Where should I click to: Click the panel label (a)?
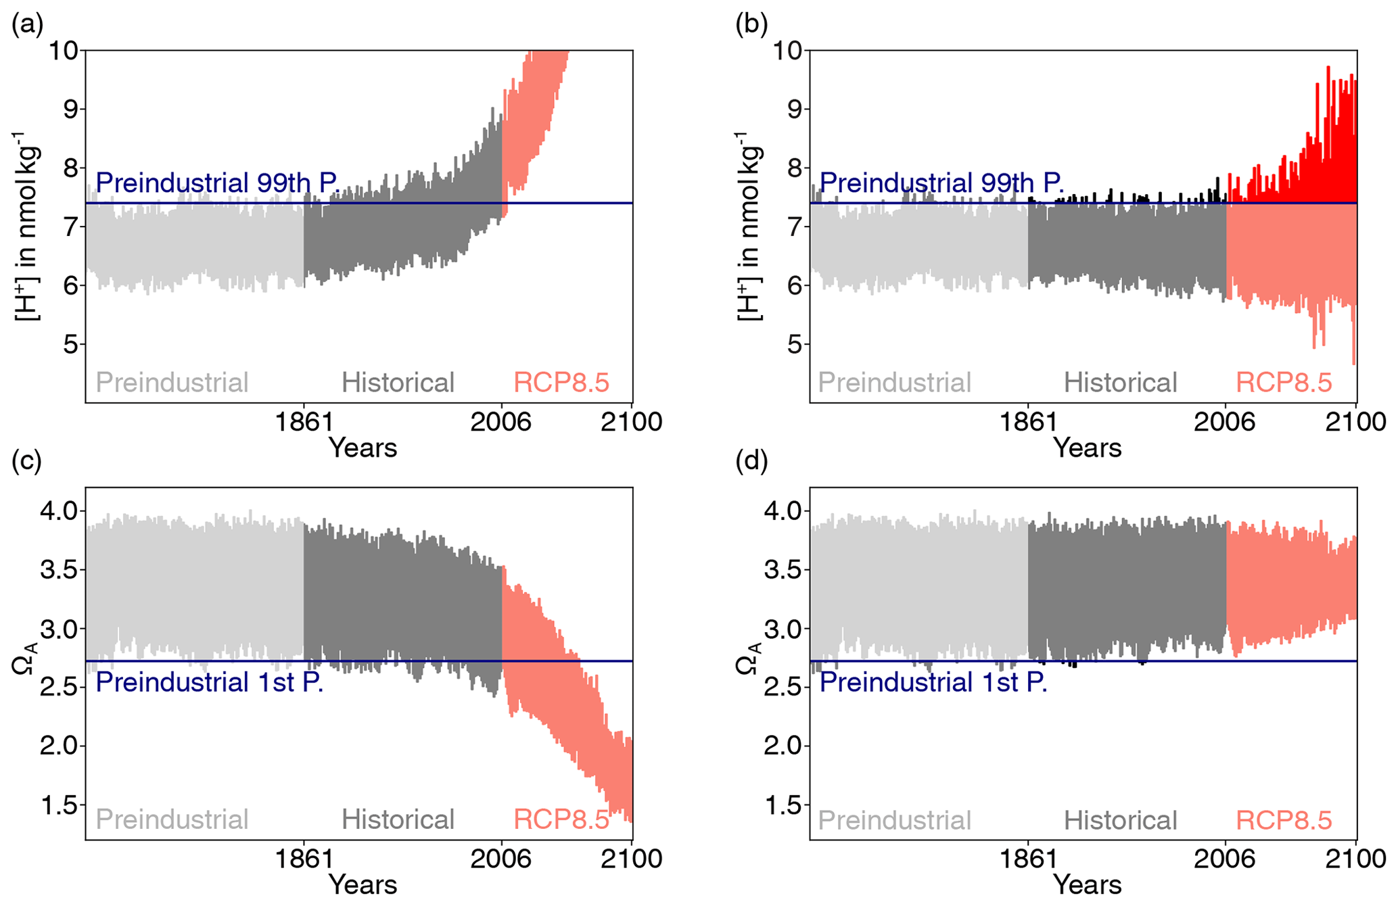point(27,25)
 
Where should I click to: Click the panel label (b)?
point(751,25)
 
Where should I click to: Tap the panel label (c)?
point(27,461)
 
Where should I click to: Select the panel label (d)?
point(751,461)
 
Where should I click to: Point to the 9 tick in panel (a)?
point(70,109)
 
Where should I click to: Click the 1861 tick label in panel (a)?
point(304,423)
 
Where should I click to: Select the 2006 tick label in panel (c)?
point(501,859)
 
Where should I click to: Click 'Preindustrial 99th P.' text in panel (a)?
point(217,183)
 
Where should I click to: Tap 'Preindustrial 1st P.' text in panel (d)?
point(933,682)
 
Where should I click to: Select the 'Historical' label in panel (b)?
point(1120,383)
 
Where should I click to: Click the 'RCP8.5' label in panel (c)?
point(561,819)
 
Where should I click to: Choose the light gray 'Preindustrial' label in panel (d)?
point(894,820)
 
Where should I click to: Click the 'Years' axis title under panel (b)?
point(1088,448)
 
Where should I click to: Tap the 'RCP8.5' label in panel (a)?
point(561,383)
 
